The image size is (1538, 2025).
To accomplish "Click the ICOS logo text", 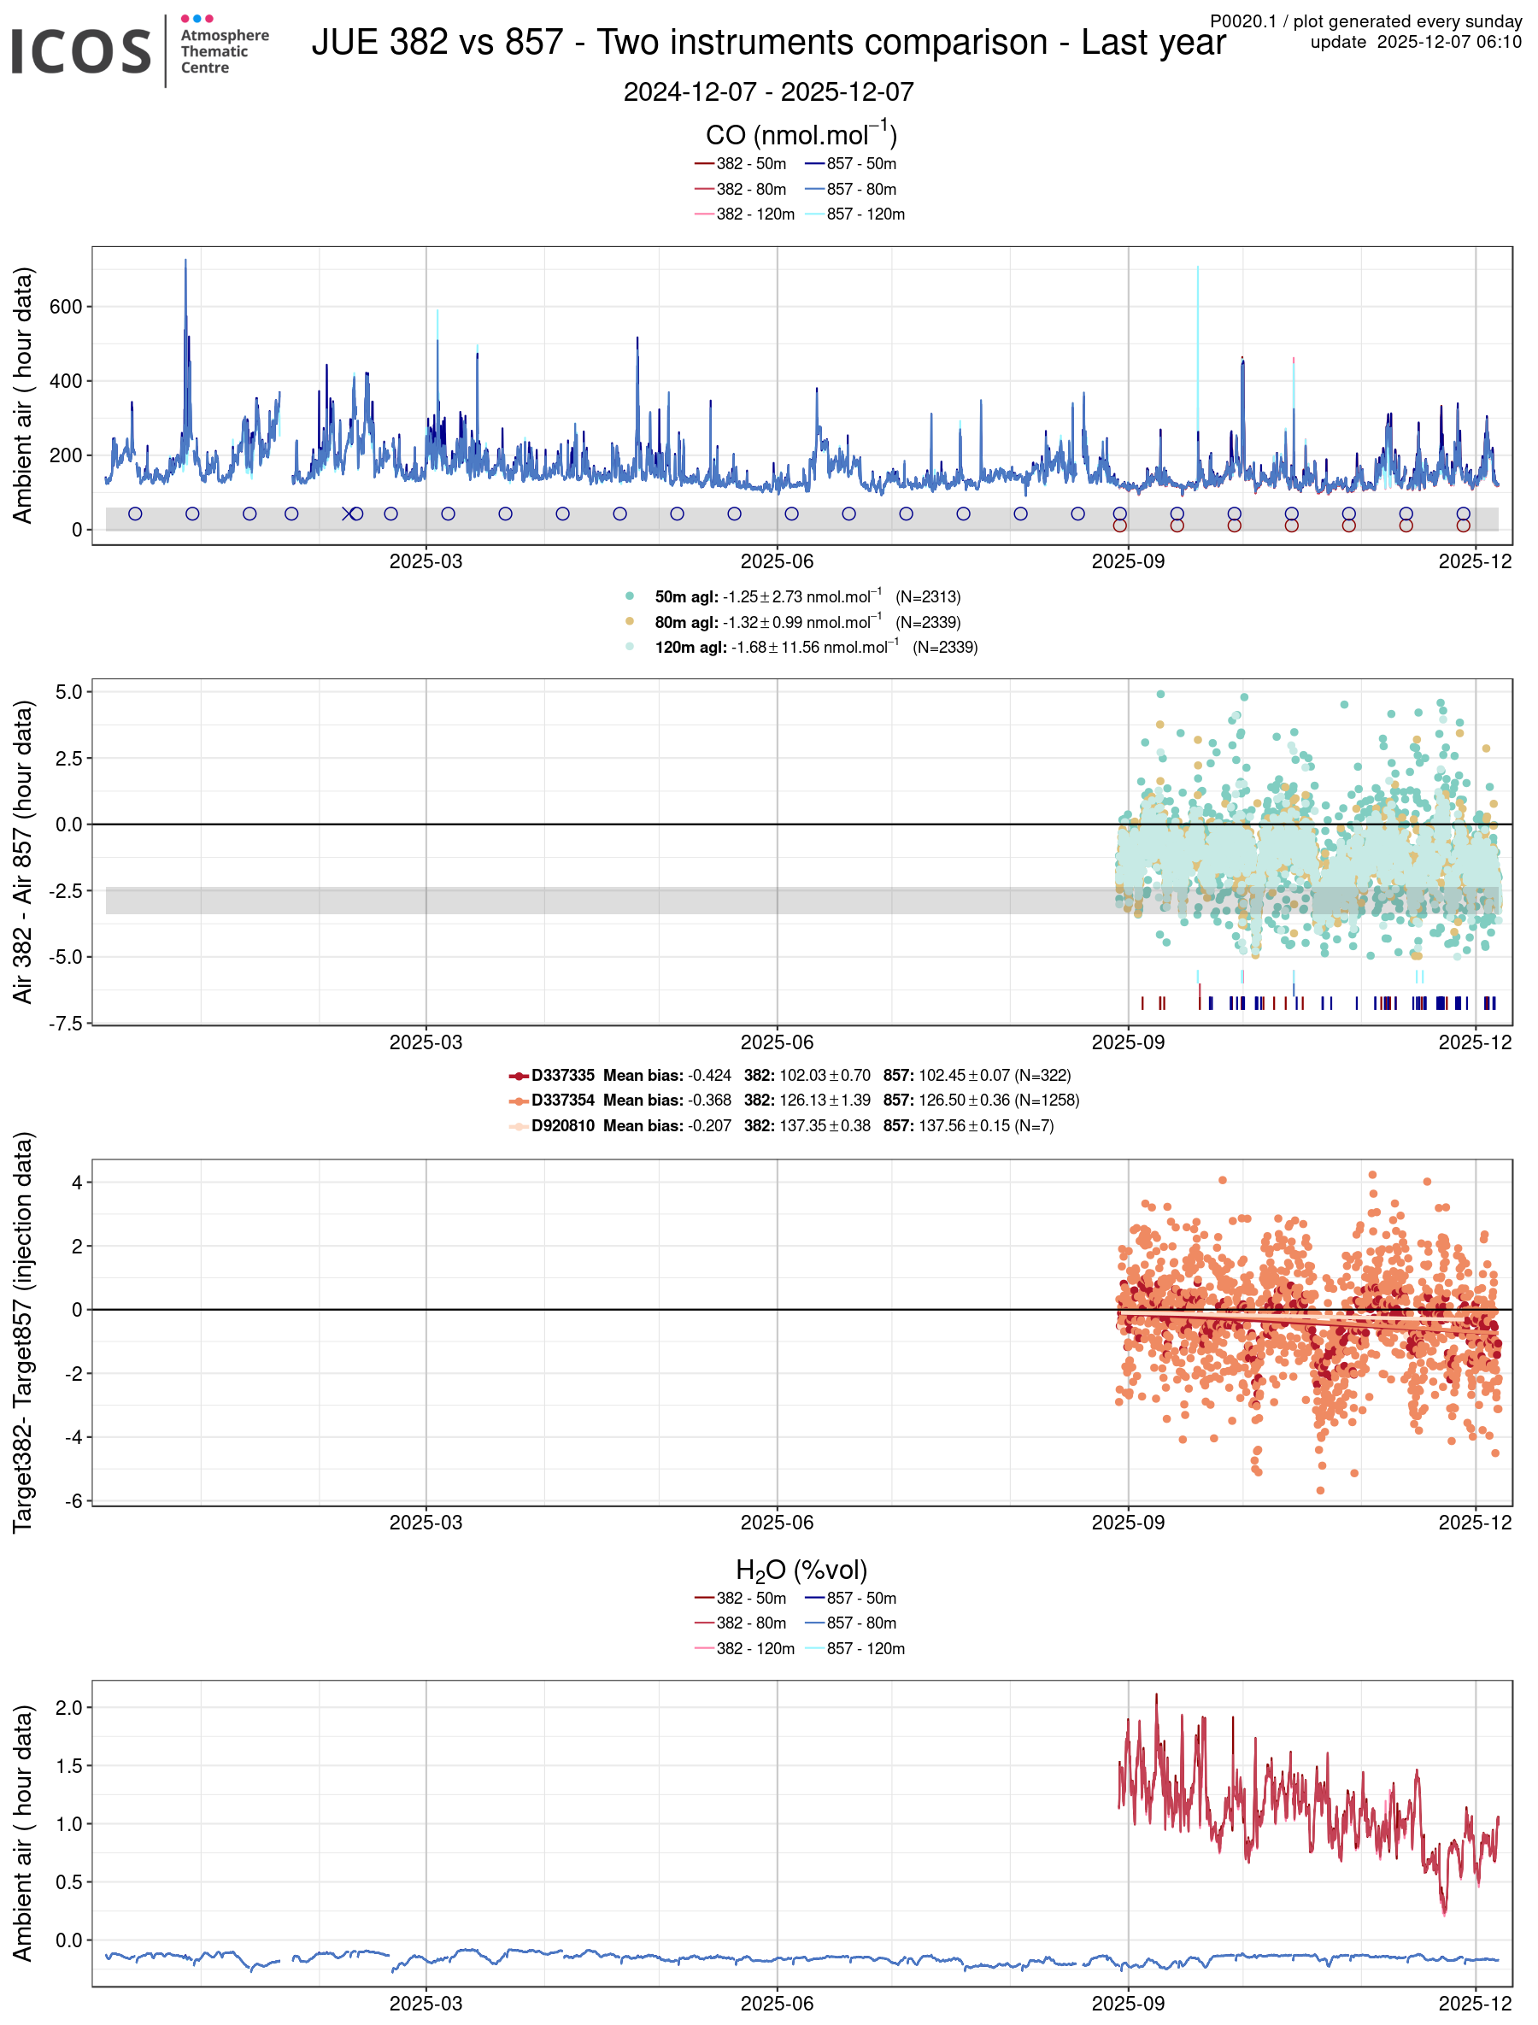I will click(x=80, y=51).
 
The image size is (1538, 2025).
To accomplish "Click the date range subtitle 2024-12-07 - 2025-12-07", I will click(x=768, y=91).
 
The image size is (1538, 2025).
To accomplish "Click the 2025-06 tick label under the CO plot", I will click(x=777, y=561).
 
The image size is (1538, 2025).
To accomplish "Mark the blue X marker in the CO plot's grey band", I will click(x=348, y=514).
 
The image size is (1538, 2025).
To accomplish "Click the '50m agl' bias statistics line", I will click(x=806, y=597).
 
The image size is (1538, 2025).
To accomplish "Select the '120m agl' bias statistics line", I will click(x=815, y=648).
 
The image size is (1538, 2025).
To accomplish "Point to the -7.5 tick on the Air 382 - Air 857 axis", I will click(x=65, y=1023).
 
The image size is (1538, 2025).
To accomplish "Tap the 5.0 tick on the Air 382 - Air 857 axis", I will click(x=68, y=691).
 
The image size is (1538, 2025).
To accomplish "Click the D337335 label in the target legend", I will click(x=562, y=1075).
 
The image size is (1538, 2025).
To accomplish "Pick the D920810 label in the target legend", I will click(x=562, y=1125).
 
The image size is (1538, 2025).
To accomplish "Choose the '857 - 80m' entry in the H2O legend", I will click(x=860, y=1623).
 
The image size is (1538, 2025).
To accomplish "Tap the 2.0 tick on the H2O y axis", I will click(x=68, y=1707).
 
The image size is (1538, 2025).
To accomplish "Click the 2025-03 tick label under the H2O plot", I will click(x=425, y=2003).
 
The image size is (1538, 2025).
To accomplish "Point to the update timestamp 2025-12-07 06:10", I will click(x=1448, y=42).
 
